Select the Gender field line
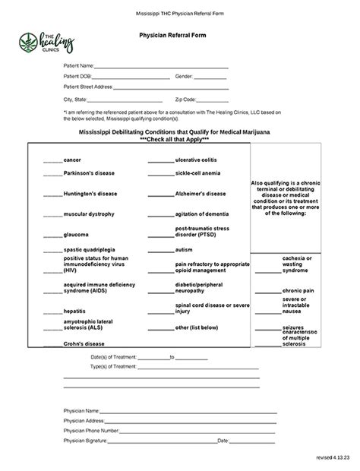tap(210, 77)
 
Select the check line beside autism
tap(161, 251)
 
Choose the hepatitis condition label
tap(74, 311)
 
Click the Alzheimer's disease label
tap(201, 194)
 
